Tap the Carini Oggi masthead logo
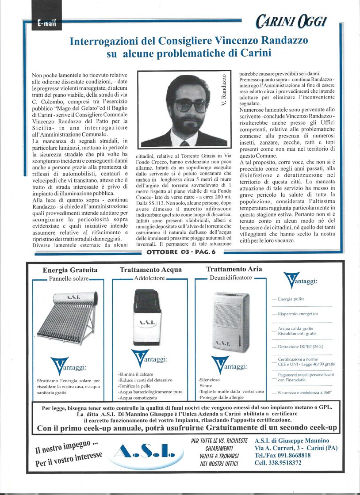(291, 20)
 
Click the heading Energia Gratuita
(70, 270)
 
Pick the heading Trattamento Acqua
(150, 269)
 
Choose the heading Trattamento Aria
(234, 269)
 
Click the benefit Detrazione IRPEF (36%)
(301, 346)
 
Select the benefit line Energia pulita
(291, 299)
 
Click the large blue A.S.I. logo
(144, 451)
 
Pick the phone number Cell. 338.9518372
(278, 463)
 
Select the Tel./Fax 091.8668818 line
(283, 455)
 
